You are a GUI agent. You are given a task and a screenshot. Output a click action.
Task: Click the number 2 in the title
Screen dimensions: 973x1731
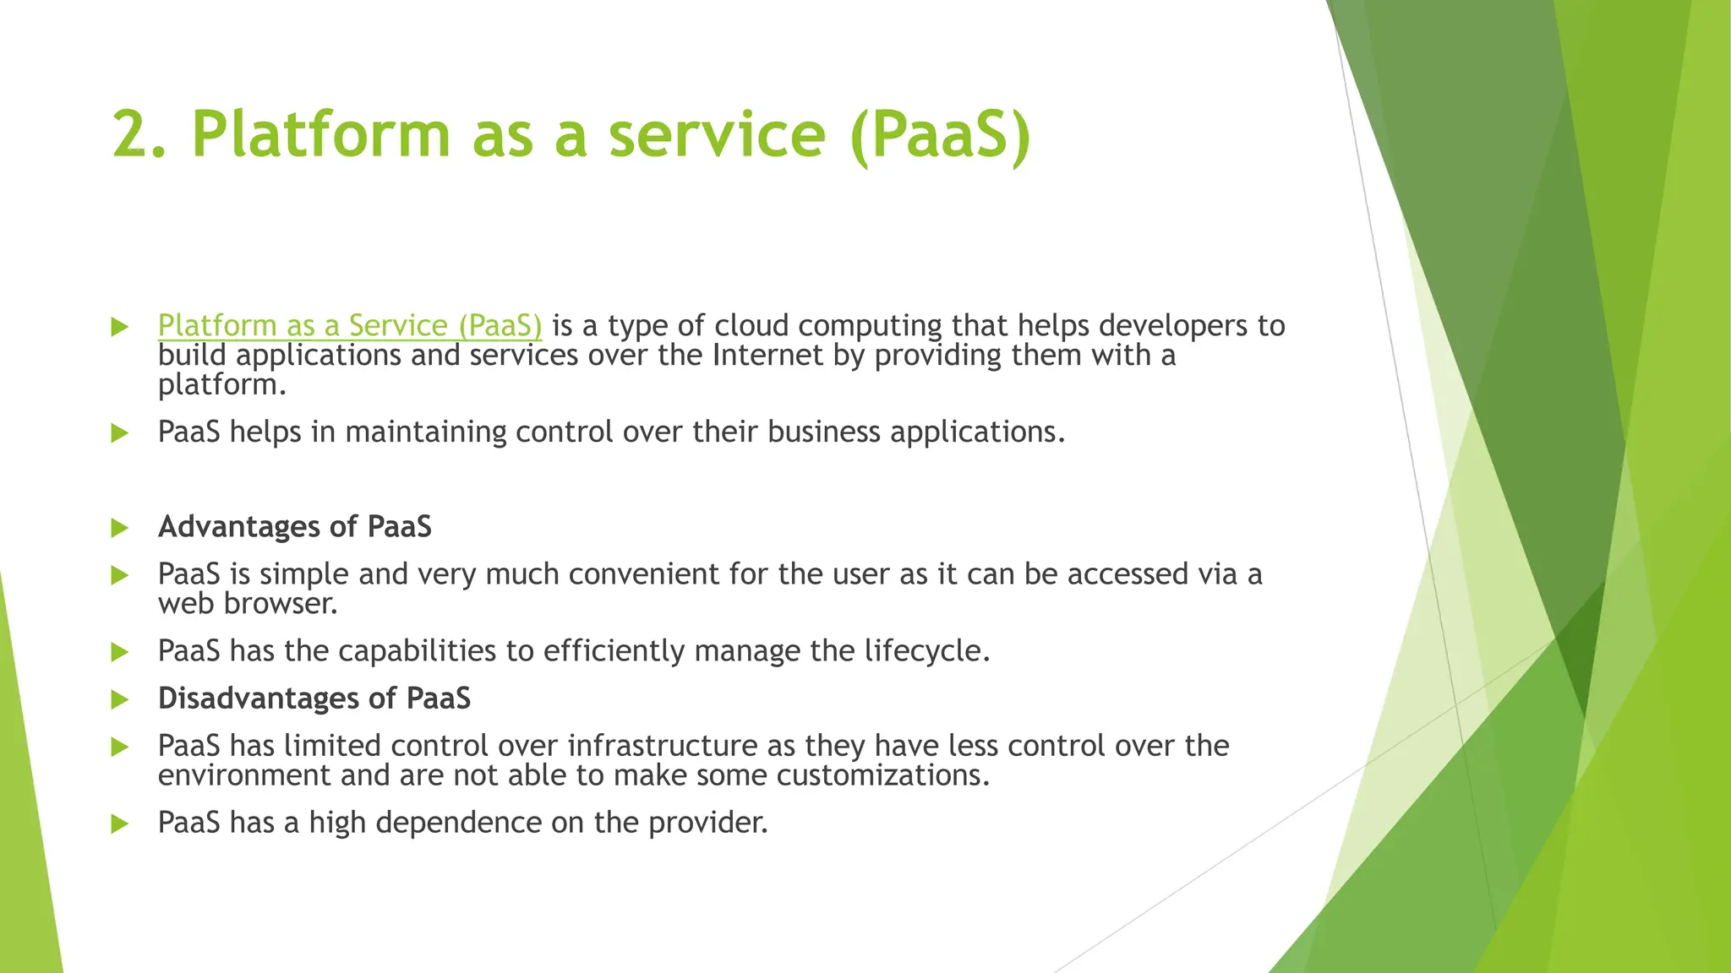click(132, 135)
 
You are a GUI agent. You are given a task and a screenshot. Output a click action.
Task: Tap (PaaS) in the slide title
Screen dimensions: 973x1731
click(940, 135)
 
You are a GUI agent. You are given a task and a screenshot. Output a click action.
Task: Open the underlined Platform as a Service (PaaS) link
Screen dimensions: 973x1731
click(349, 326)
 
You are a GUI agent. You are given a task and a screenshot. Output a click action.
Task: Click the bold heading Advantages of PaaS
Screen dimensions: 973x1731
click(295, 527)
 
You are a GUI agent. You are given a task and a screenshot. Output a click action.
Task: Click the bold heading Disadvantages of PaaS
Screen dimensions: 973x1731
click(314, 698)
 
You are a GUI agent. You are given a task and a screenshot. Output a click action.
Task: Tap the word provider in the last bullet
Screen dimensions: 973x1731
click(707, 823)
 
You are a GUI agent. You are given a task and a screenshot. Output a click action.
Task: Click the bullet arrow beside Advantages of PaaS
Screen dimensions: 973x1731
click(119, 528)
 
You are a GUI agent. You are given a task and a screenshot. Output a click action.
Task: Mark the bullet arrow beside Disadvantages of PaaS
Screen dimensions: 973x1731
click(119, 699)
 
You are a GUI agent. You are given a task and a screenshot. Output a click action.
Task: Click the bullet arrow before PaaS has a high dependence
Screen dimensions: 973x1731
click(119, 824)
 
